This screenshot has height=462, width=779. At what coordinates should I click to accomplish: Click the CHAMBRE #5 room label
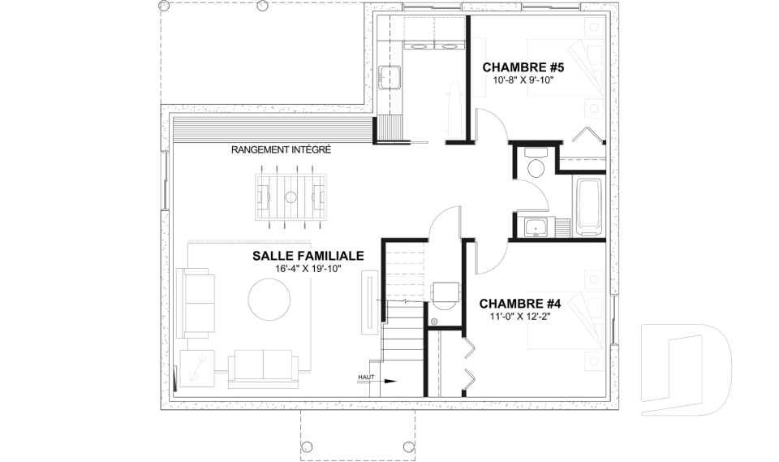click(523, 67)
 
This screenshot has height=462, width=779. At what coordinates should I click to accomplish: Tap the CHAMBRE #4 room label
click(519, 304)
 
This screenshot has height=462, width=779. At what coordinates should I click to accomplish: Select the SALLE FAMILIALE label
click(308, 256)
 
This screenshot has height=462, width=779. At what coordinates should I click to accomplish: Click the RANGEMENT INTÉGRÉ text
click(282, 149)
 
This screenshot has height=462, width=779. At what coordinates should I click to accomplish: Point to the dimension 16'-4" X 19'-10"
click(309, 269)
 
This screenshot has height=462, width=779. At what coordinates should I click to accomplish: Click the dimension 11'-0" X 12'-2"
click(520, 316)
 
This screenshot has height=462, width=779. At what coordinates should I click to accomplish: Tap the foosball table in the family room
click(291, 197)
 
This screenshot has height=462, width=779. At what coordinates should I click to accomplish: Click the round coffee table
click(269, 299)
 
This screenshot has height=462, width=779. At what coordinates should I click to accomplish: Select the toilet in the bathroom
click(536, 164)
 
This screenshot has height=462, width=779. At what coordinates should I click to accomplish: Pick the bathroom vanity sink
click(536, 228)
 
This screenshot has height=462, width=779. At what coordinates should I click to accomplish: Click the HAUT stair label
click(366, 378)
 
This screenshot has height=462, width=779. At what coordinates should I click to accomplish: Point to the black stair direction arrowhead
click(391, 382)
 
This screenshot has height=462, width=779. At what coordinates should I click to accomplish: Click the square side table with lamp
click(197, 368)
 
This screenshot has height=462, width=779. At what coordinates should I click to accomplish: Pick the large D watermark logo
click(686, 369)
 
